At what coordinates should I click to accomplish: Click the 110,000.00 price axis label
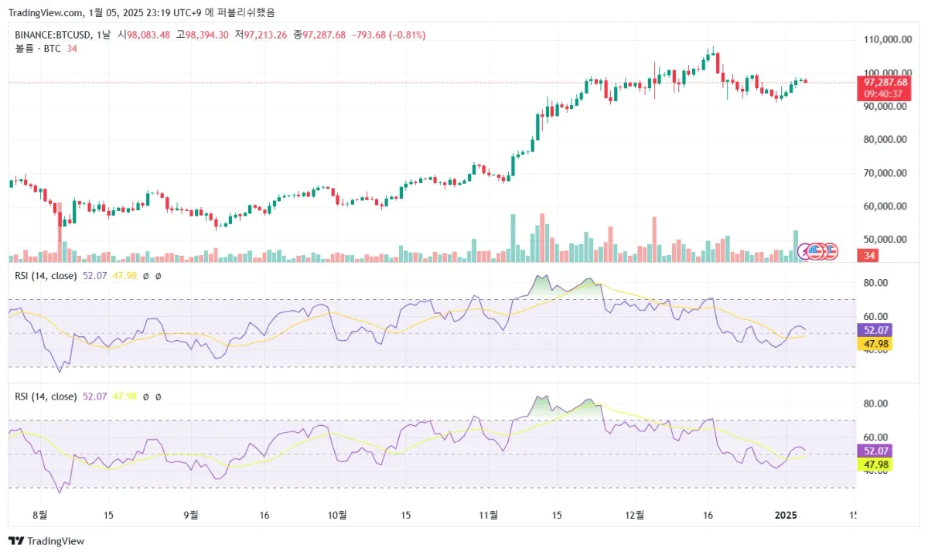coord(885,39)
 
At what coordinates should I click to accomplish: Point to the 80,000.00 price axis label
coord(885,140)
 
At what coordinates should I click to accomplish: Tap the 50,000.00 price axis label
coord(885,240)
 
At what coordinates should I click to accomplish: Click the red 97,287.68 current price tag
coord(885,82)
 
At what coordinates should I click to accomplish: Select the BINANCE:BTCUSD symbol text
coord(51,35)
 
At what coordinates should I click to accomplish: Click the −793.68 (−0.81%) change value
coord(388,35)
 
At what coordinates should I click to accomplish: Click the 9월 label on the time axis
coord(190,515)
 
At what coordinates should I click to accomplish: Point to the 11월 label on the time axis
coord(487,515)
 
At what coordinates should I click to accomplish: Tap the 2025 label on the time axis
coord(786,515)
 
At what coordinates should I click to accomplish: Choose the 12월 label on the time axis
coord(634,515)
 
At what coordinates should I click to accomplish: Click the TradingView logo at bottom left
coord(46,541)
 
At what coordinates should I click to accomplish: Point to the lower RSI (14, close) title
coord(46,397)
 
